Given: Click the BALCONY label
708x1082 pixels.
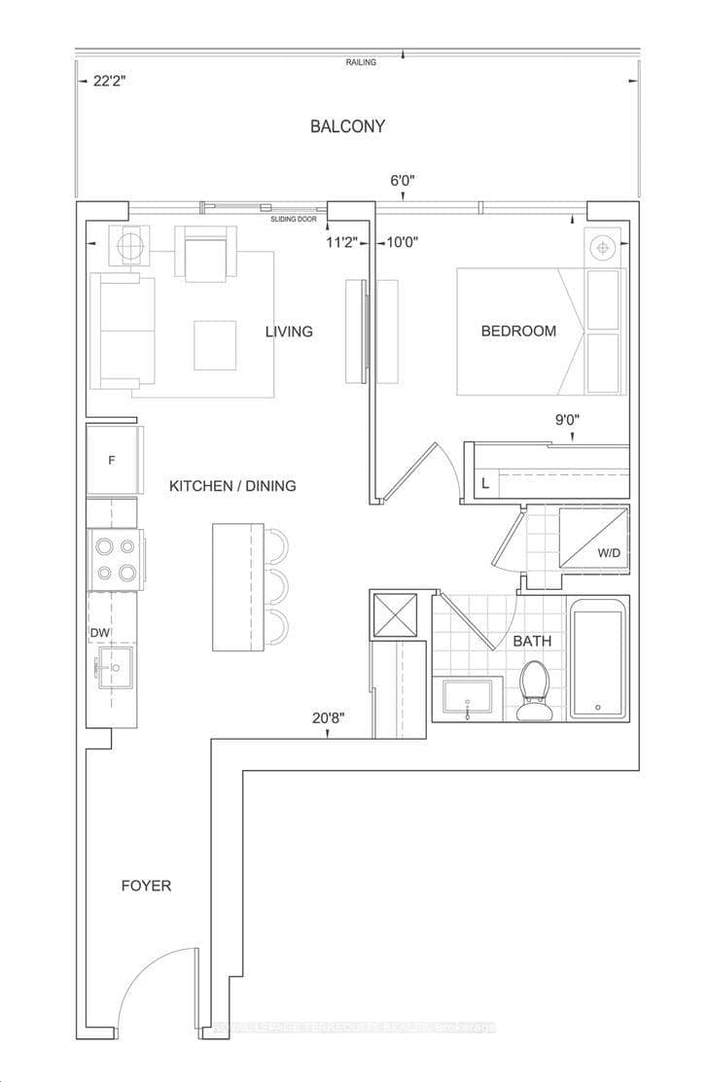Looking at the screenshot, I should [x=347, y=126].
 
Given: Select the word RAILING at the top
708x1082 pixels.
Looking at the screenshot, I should [x=360, y=62].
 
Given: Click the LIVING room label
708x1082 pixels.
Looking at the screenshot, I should [x=289, y=332].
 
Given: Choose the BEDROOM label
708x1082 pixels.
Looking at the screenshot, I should [x=518, y=331].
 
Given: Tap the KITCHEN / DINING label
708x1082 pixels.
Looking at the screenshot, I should [x=232, y=485].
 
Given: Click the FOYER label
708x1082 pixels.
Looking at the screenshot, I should [x=146, y=886].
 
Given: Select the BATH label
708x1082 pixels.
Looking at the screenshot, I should [x=532, y=641].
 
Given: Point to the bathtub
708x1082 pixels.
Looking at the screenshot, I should [x=597, y=660].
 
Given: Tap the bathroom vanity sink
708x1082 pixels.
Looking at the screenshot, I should [x=469, y=700].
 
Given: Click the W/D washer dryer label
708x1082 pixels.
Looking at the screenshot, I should [x=609, y=553].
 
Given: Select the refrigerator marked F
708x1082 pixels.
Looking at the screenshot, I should [x=113, y=460].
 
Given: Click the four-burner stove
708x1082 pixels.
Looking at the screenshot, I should [x=114, y=559].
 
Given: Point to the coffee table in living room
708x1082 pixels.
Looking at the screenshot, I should [x=214, y=345].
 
